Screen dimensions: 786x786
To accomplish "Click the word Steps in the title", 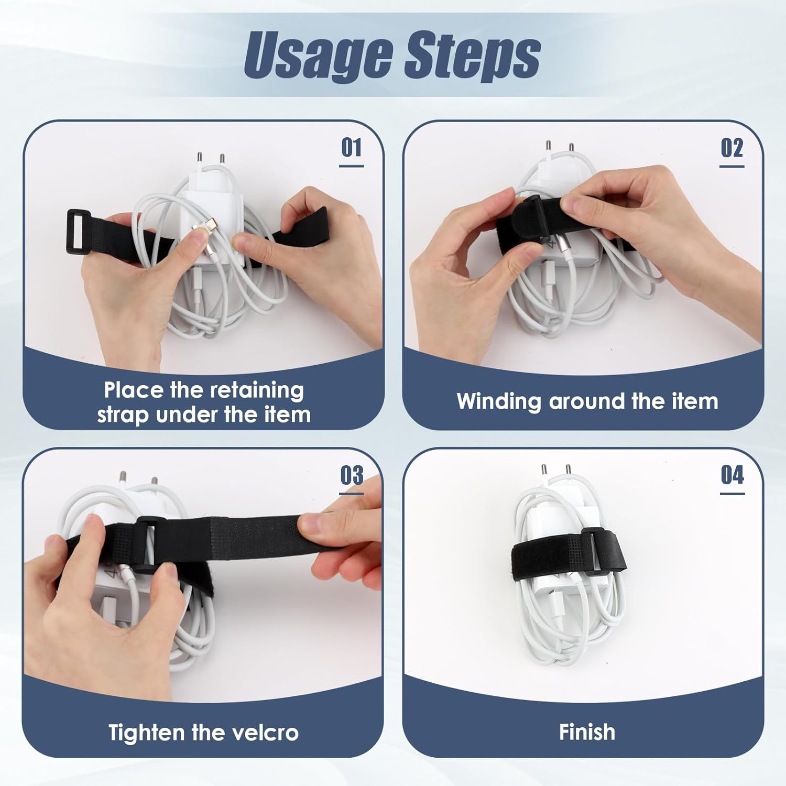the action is [x=472, y=56].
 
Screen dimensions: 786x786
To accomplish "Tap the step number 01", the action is [x=351, y=148].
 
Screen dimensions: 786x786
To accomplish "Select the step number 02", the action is [x=732, y=148].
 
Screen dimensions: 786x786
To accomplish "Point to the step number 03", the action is [x=352, y=475].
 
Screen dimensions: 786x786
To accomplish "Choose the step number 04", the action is [x=732, y=475].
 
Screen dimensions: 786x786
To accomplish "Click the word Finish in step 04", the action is [x=587, y=732].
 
